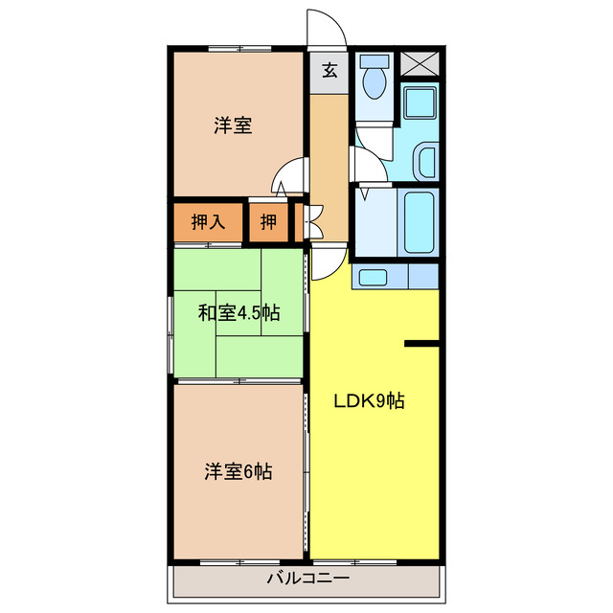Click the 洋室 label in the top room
233,125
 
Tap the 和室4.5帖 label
239,312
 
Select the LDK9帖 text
369,401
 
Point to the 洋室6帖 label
238,471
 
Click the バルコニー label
307,579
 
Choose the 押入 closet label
208,222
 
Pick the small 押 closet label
269,222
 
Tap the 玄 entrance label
329,70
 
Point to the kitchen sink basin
374,278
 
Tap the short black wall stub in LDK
421,343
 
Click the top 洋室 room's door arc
287,179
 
